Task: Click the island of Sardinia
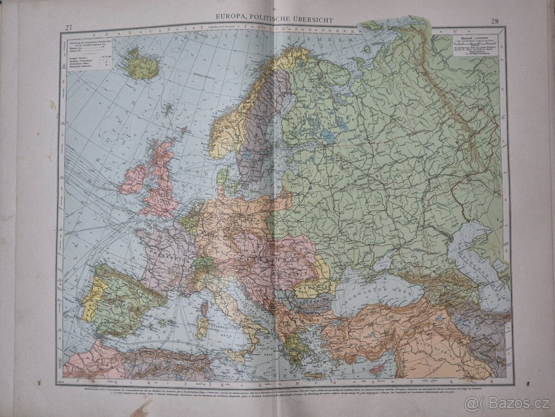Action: click(x=202, y=327)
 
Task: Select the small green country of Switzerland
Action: click(x=202, y=265)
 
